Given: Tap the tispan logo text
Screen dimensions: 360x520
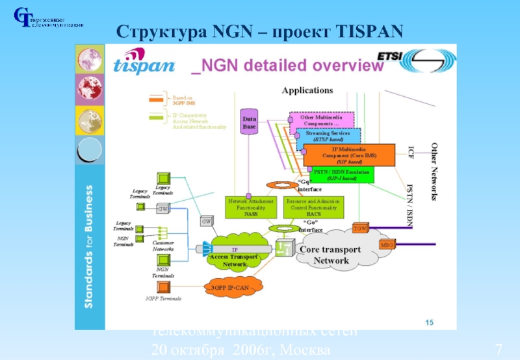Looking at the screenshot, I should click(x=144, y=64).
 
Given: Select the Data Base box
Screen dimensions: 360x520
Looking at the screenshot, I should click(x=250, y=123).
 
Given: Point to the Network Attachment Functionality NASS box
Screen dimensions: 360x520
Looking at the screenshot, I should click(x=251, y=207).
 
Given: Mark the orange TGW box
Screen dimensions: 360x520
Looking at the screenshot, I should click(x=359, y=228).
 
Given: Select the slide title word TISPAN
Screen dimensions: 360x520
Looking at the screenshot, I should click(x=369, y=31).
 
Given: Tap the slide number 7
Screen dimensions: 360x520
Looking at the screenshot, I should click(x=499, y=350).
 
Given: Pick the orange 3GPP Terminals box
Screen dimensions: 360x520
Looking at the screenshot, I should click(x=164, y=287).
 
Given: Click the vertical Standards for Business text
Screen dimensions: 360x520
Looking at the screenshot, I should click(x=90, y=246).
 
